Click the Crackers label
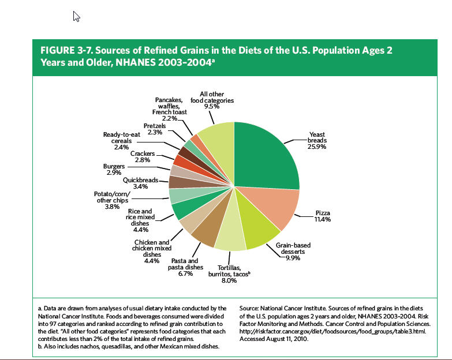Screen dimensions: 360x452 [x=142, y=153]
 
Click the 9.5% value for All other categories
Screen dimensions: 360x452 [x=212, y=107]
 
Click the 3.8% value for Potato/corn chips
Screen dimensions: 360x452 [x=113, y=206]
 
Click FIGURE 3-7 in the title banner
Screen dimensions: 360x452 [x=63, y=50]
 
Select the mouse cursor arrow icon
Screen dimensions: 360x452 [x=76, y=16]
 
